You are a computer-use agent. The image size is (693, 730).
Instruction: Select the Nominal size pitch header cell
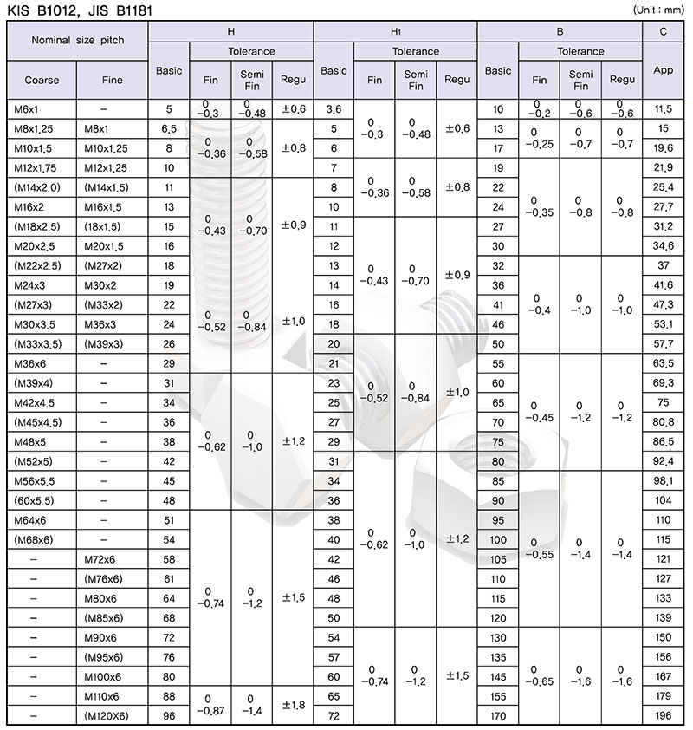click(77, 41)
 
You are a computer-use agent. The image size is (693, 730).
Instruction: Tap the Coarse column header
click(42, 80)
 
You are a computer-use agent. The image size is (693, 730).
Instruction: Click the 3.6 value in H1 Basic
click(334, 109)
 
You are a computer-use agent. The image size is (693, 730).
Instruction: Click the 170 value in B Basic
click(498, 716)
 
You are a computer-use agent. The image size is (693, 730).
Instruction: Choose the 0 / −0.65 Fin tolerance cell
click(539, 675)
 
